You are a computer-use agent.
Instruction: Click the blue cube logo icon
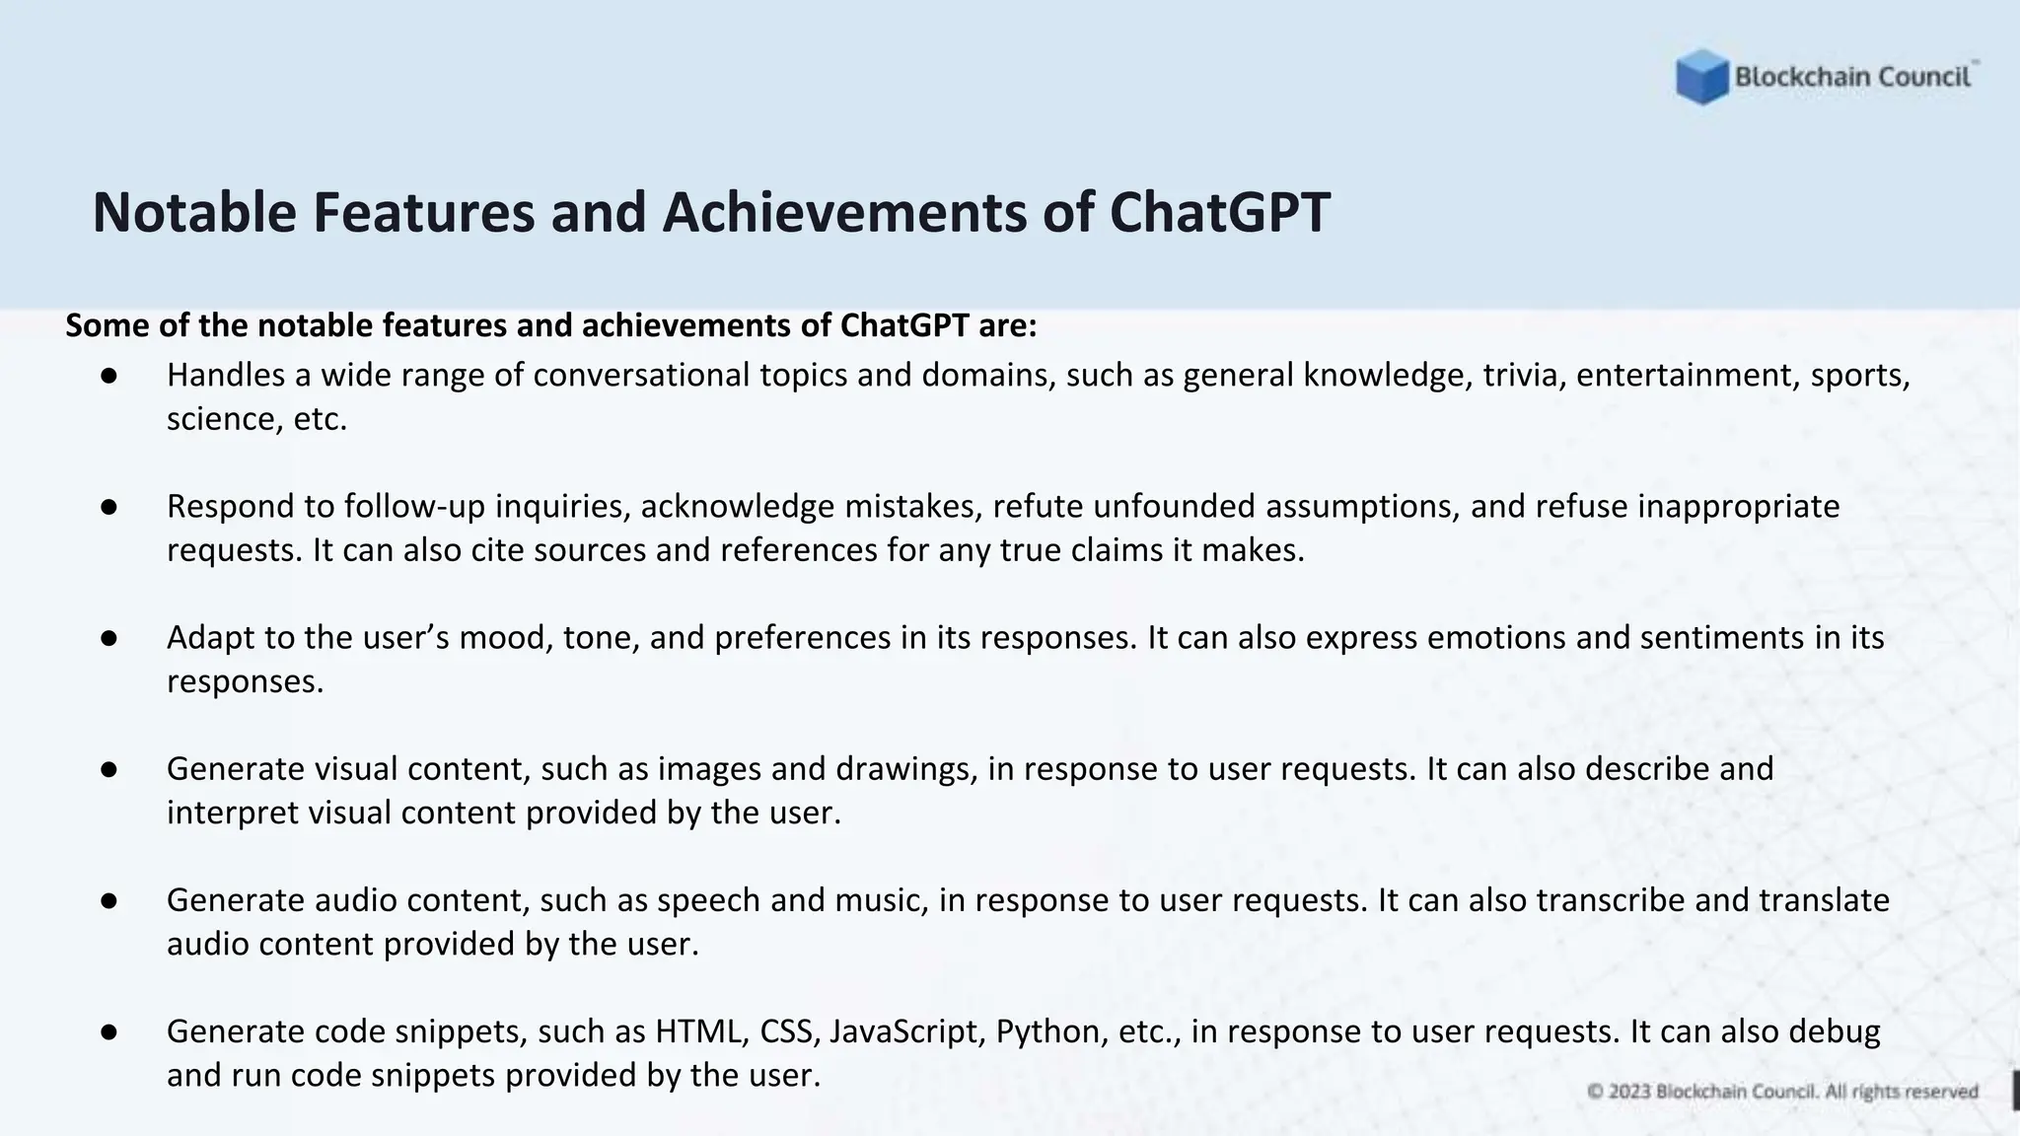click(1701, 77)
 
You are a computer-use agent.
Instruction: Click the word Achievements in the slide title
click(844, 212)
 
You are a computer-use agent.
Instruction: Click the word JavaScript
click(906, 1031)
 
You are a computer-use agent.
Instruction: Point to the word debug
click(1834, 1031)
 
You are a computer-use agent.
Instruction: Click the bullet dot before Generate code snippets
click(109, 1032)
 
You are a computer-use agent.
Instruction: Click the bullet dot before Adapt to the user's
click(109, 639)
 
